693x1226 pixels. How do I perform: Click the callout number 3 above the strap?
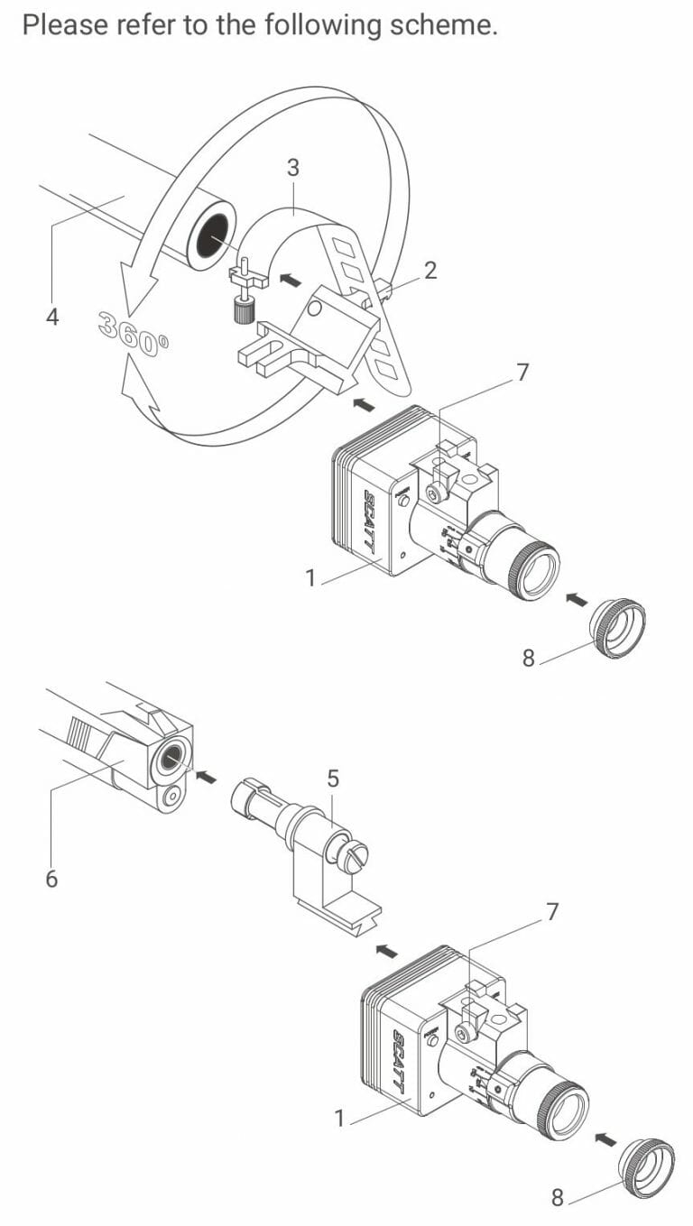[x=293, y=167]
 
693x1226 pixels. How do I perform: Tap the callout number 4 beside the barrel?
[x=51, y=318]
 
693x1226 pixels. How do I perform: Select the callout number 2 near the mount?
[x=430, y=270]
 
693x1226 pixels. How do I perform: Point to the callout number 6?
[x=51, y=878]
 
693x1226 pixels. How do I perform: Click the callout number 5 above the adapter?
[x=333, y=778]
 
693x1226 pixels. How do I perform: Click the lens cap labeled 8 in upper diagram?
[x=619, y=628]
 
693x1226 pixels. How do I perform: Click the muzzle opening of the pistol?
[x=169, y=760]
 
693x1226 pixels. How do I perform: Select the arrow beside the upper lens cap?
[x=576, y=598]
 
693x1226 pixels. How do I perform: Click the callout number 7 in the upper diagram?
[x=522, y=372]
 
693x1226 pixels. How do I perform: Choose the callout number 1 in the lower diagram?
[x=340, y=1119]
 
